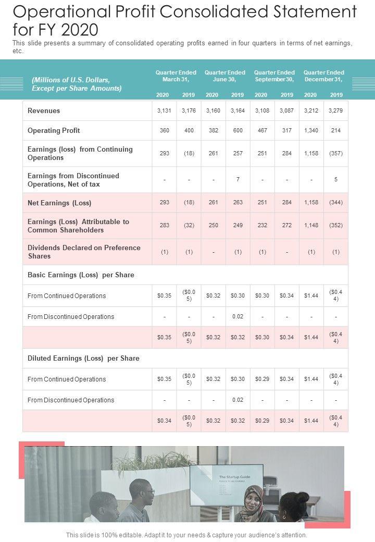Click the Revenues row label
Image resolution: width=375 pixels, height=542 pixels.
44,110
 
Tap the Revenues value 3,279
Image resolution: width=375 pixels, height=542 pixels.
336,110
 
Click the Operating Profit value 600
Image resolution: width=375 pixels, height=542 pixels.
238,130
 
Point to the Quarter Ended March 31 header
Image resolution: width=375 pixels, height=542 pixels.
176,76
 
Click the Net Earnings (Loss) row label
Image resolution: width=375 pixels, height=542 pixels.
59,203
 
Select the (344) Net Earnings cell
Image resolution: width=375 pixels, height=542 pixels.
336,203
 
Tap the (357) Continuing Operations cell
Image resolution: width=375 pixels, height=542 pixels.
336,154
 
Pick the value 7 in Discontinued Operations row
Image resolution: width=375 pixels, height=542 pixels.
238,179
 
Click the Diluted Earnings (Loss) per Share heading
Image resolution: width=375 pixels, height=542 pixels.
83,359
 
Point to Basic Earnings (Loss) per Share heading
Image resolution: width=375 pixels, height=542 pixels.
81,275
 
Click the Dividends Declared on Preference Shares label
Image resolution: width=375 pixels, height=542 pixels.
84,252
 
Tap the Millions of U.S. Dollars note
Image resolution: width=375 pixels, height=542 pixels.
77,84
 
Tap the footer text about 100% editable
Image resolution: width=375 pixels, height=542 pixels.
186,535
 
